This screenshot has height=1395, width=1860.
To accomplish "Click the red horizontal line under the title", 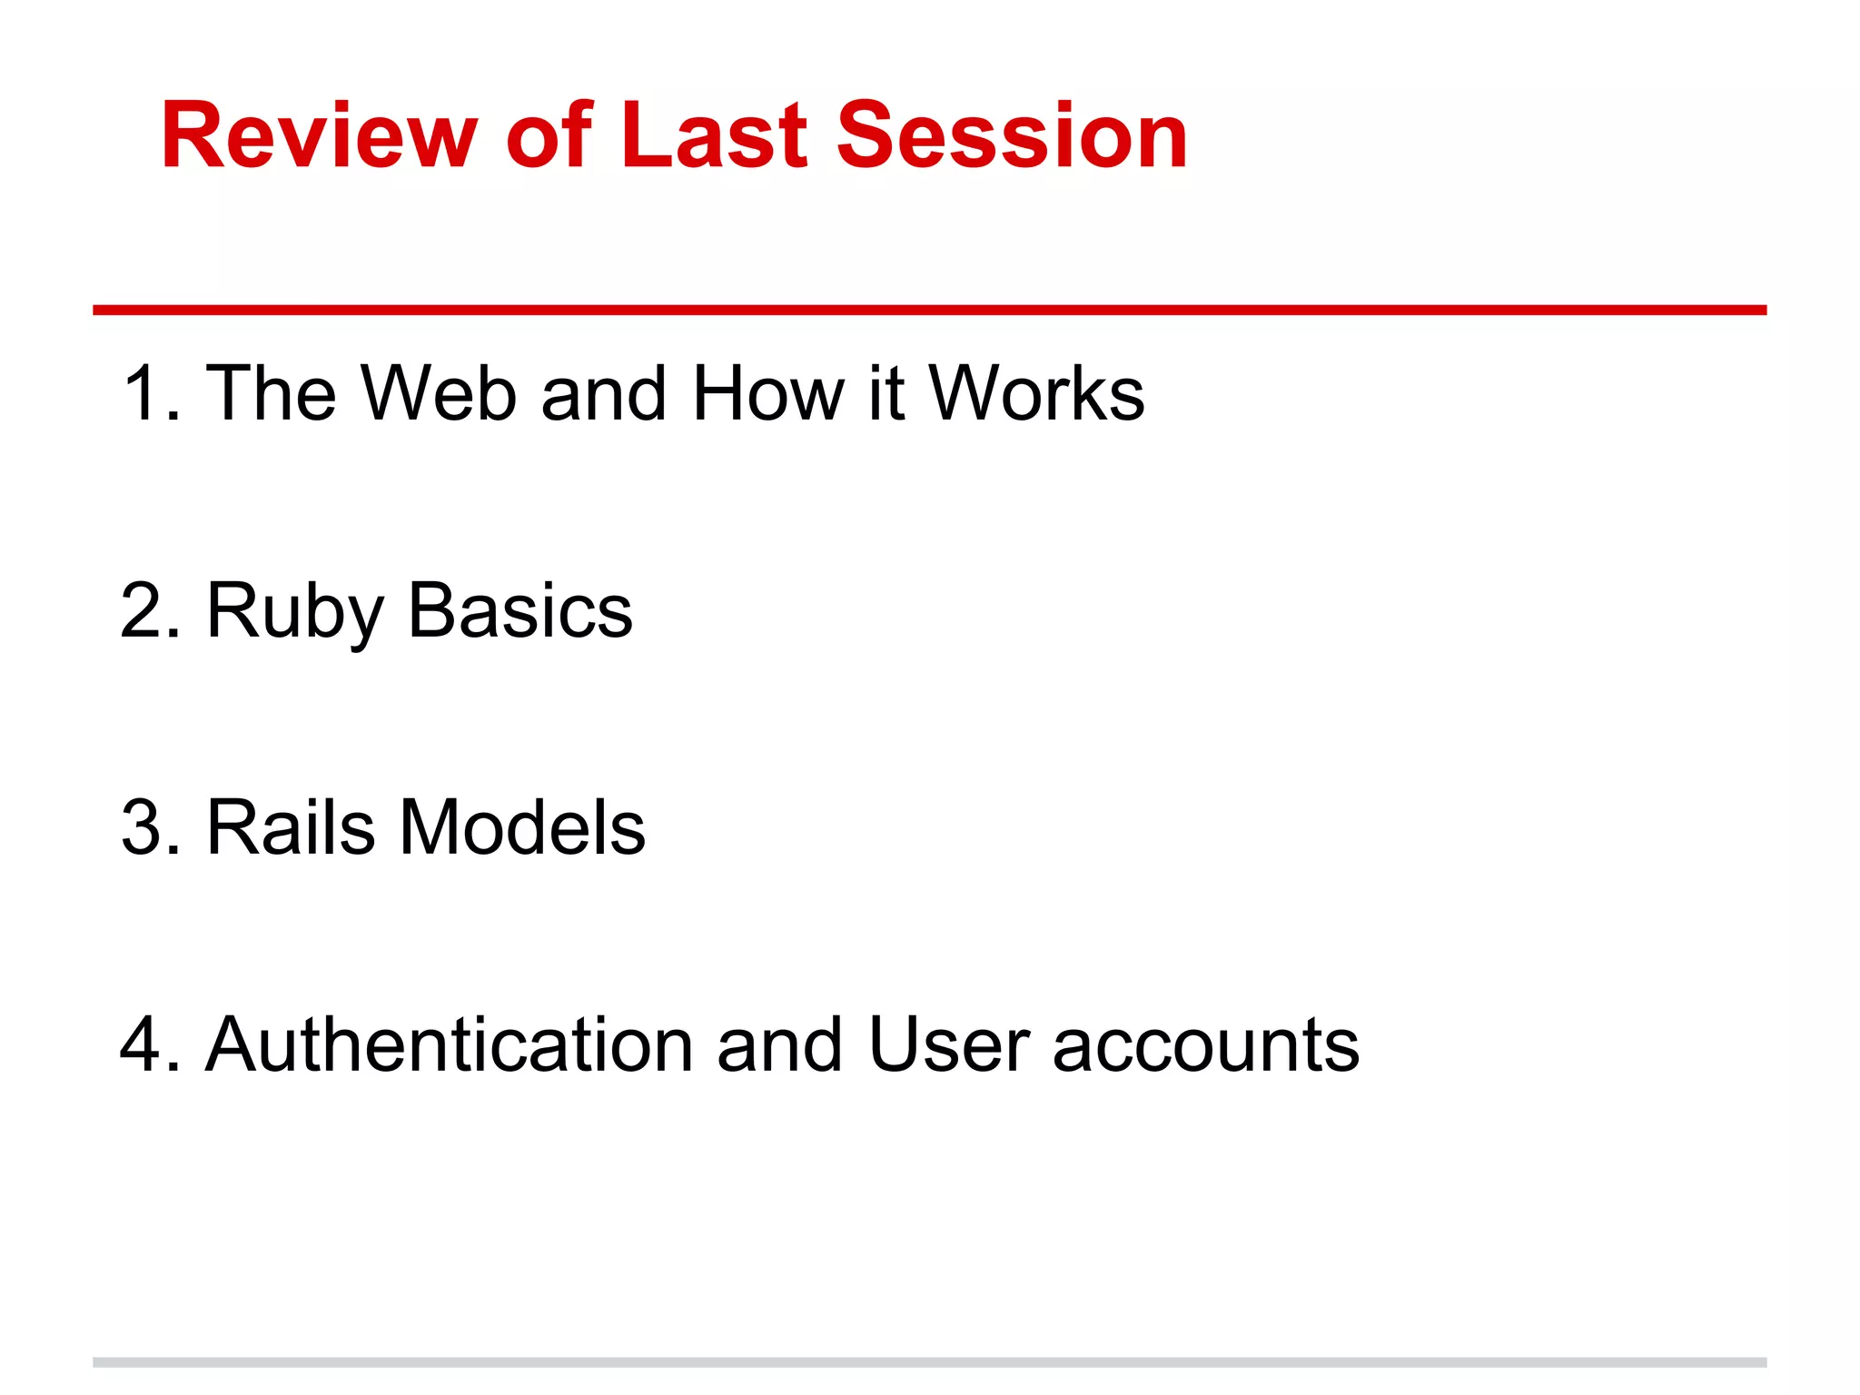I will [x=929, y=311].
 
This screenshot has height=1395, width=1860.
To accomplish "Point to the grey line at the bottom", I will [x=929, y=1362].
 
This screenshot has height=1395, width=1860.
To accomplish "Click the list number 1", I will [x=145, y=393].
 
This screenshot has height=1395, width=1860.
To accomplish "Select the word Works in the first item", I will [x=1035, y=393].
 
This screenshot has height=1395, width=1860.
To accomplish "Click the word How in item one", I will [x=767, y=393].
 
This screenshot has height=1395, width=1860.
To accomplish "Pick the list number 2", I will [x=145, y=611].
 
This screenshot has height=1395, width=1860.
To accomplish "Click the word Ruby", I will [x=295, y=611].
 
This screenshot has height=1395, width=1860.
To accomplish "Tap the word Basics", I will [x=519, y=611].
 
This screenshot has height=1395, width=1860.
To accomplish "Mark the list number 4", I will [x=145, y=1045].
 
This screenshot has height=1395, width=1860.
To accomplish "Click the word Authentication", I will [x=450, y=1045].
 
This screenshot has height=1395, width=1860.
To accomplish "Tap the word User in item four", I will [x=948, y=1045].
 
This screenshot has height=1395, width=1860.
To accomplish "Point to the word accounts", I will [x=1205, y=1045].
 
